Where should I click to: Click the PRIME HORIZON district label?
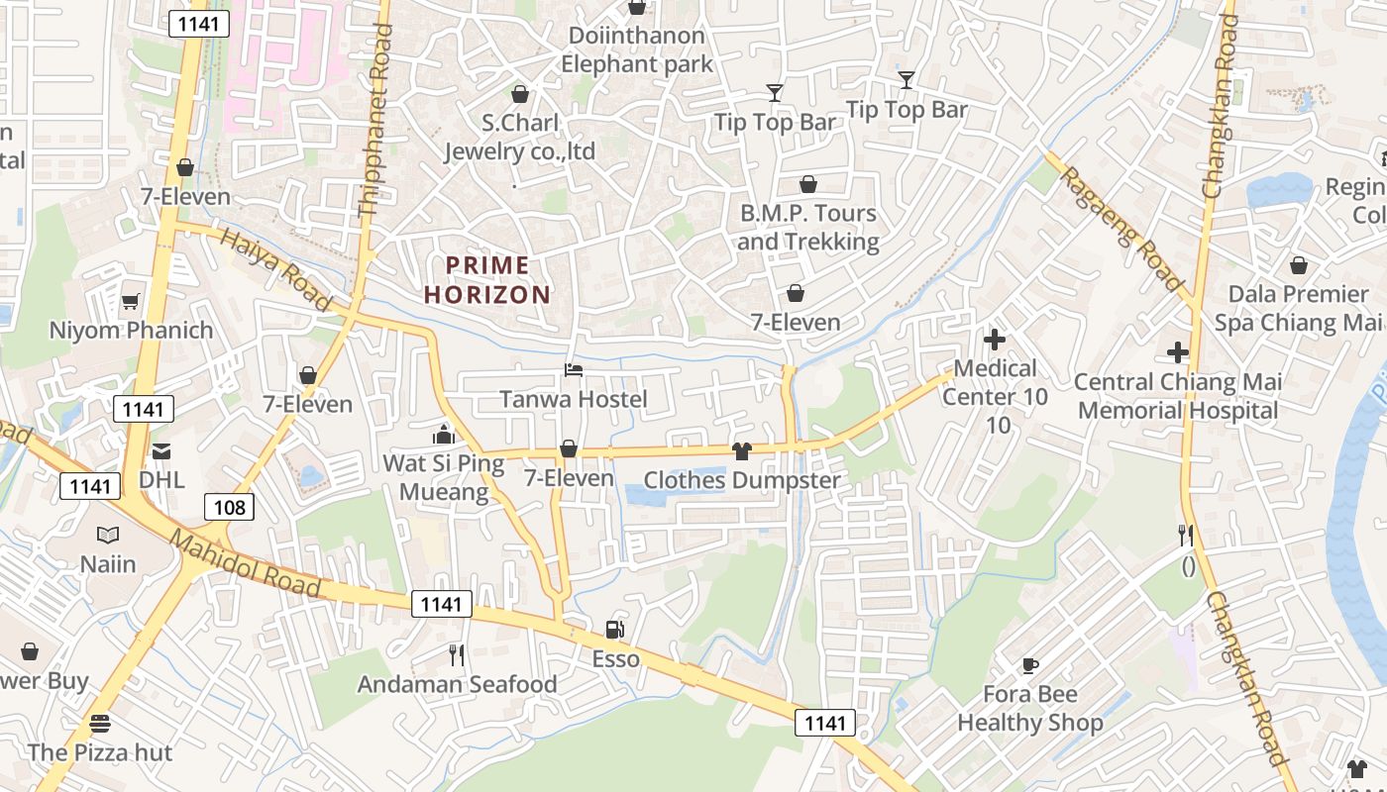coord(486,280)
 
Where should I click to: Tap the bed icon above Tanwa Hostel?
coord(574,370)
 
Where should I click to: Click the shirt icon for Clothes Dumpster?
coord(742,451)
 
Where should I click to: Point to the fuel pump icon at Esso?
coord(615,630)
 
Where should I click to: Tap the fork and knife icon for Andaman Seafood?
coord(457,654)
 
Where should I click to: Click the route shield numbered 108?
coord(230,508)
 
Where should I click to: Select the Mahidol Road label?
coord(245,562)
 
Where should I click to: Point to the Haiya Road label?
coord(274,268)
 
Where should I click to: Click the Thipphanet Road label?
coord(374,121)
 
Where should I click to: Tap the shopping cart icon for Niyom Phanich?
coord(131,301)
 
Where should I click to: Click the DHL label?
coord(161,479)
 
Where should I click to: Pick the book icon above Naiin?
coord(108,535)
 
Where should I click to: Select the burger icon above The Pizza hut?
coord(99,723)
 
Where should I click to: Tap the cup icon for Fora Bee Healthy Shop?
coord(1029,664)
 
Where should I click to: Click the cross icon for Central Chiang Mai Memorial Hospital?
coord(1177,352)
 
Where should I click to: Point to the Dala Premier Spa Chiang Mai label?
coord(1298,308)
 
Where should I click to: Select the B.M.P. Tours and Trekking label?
coord(808,228)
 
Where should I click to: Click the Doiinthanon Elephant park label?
coord(637,50)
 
